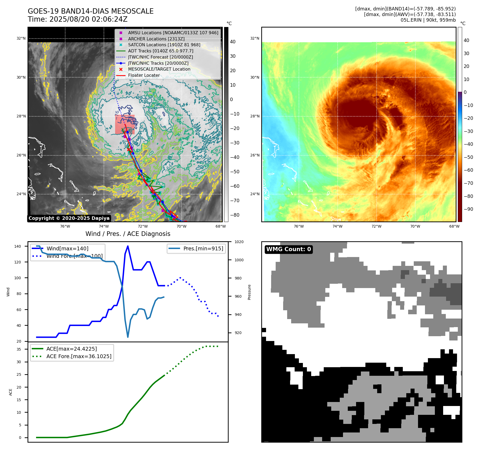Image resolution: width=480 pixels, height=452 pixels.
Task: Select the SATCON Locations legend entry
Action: [164, 45]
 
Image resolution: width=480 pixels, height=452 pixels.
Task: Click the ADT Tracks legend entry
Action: [161, 51]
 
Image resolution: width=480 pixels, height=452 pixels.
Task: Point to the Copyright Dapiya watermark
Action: [69, 218]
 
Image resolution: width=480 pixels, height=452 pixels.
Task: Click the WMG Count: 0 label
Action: [288, 249]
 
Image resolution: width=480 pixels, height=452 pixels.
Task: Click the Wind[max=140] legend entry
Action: [67, 248]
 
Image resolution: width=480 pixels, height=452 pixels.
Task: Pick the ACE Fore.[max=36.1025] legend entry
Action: [79, 356]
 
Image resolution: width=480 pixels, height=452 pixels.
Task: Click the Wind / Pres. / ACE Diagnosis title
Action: [128, 234]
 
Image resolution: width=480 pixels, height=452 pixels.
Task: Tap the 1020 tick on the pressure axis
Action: [239, 242]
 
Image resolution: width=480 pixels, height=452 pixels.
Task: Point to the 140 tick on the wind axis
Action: [18, 246]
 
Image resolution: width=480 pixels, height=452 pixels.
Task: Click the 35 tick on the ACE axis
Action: [19, 349]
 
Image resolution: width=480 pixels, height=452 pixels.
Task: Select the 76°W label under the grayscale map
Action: [65, 226]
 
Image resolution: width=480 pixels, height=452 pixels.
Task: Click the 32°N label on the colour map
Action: [255, 39]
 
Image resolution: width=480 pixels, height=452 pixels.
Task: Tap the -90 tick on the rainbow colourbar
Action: [468, 209]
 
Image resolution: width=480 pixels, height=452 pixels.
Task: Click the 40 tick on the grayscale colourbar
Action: [233, 42]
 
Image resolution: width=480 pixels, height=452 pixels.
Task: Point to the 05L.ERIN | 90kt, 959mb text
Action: [428, 20]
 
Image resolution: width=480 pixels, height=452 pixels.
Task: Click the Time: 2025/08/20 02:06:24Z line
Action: [77, 19]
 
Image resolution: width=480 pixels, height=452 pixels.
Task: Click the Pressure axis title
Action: [249, 292]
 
